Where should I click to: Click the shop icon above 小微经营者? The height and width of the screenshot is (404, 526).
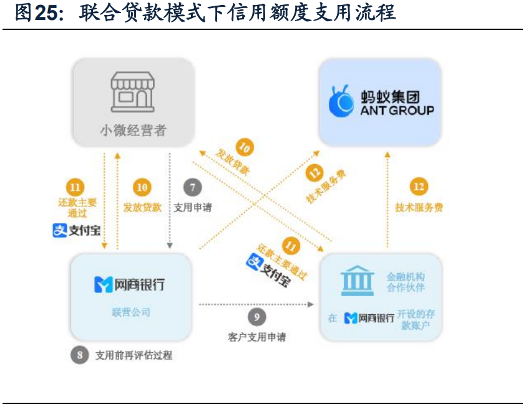[132, 92]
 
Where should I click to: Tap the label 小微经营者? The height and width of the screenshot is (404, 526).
[133, 130]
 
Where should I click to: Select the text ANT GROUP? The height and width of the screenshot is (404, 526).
[397, 110]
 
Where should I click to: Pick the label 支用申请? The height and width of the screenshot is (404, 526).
[192, 207]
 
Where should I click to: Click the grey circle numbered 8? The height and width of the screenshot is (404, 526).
[79, 355]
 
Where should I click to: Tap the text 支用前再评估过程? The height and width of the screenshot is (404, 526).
[134, 356]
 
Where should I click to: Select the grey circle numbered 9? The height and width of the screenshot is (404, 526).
[256, 317]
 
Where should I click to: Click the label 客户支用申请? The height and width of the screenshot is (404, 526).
[257, 337]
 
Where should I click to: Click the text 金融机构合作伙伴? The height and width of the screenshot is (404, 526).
[406, 282]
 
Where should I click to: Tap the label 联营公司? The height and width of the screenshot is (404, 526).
[132, 312]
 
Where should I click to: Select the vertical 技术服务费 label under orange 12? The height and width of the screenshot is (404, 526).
[419, 207]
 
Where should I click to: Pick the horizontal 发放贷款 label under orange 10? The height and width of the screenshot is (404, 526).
[142, 207]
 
